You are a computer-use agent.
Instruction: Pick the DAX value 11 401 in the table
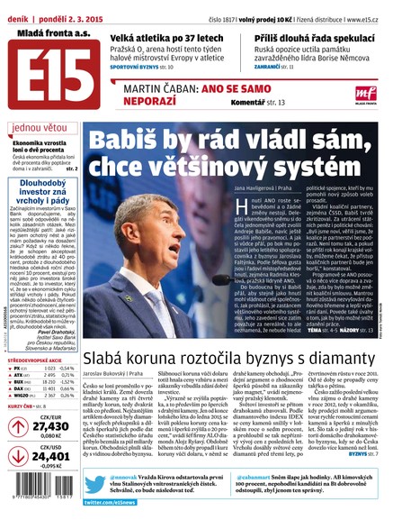(x=53, y=350)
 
